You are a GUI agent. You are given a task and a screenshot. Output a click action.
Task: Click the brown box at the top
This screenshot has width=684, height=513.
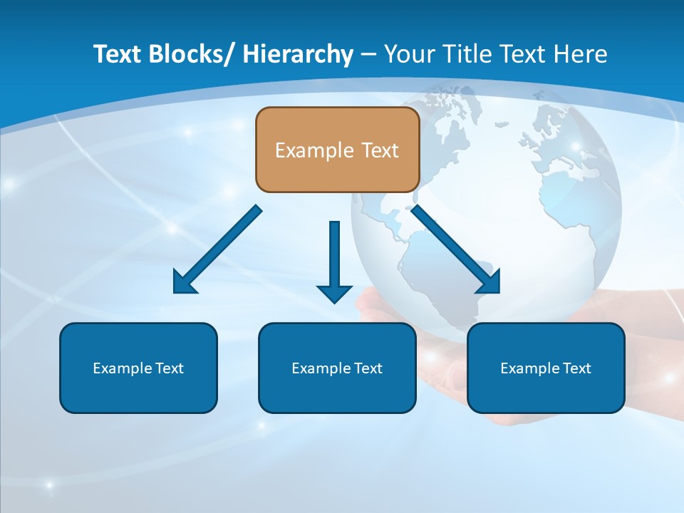pyautogui.click(x=337, y=150)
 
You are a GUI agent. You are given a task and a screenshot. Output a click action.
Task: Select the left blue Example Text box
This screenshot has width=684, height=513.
pyautogui.click(x=138, y=368)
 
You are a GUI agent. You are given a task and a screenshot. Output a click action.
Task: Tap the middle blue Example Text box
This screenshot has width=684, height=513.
pyautogui.click(x=337, y=368)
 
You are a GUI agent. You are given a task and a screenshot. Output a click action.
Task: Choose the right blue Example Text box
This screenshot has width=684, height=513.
pyautogui.click(x=546, y=368)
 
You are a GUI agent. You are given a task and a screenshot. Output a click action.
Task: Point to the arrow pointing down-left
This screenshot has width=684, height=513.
pyautogui.click(x=217, y=249)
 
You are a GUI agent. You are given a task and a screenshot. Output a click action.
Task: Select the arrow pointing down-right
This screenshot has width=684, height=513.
pyautogui.click(x=456, y=249)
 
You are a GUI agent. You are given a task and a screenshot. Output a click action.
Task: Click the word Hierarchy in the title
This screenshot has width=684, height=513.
pyautogui.click(x=298, y=54)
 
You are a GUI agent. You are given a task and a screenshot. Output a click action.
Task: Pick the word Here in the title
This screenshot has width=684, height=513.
pyautogui.click(x=579, y=54)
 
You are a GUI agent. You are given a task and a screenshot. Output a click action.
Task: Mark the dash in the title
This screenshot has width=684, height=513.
pyautogui.click(x=368, y=54)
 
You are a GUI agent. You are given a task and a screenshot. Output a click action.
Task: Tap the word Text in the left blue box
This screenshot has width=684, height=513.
pyautogui.click(x=170, y=368)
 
